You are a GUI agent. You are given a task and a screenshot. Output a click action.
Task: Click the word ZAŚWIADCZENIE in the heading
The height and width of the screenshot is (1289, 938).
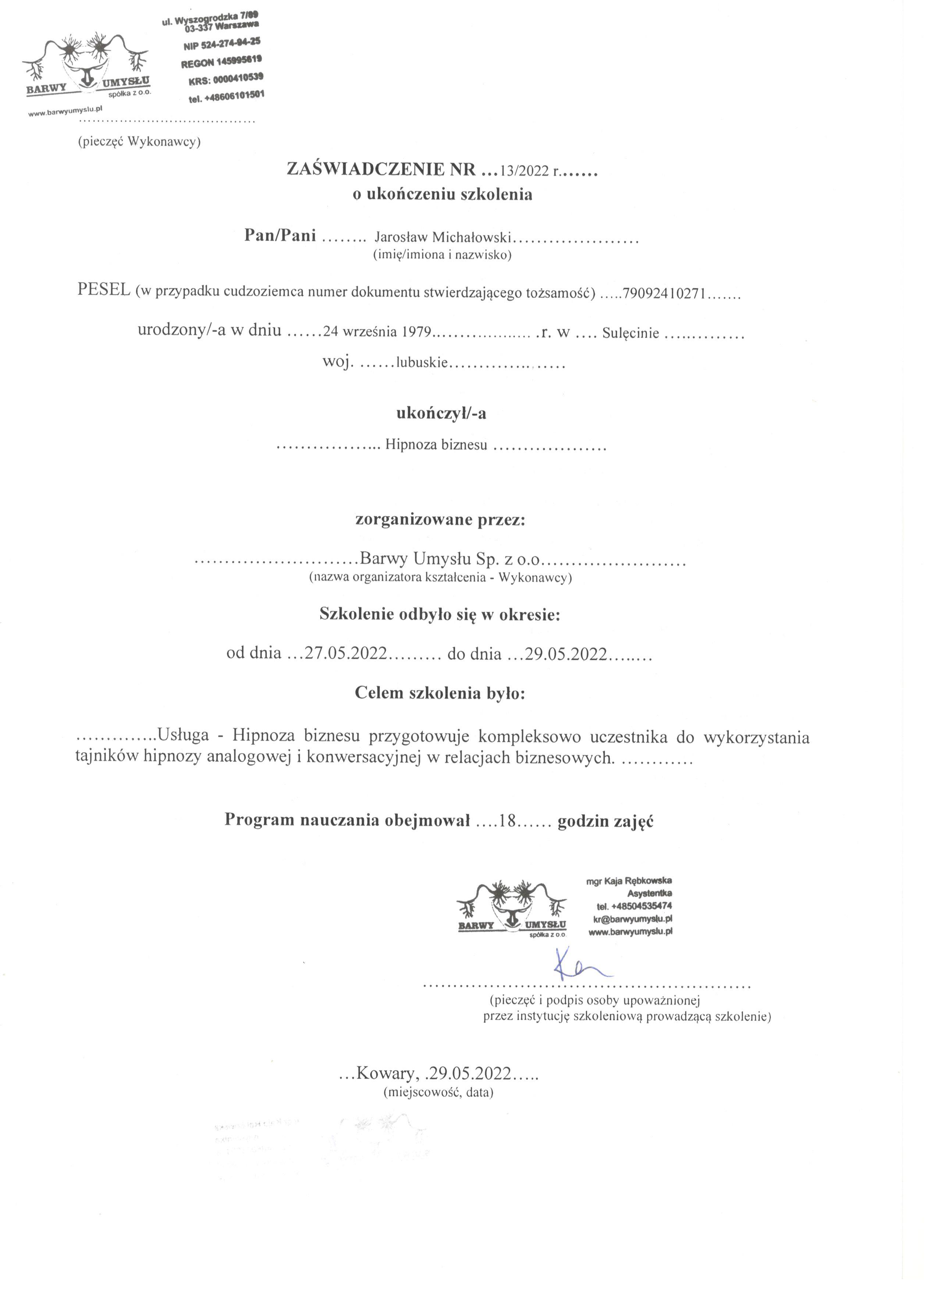pyautogui.click(x=366, y=169)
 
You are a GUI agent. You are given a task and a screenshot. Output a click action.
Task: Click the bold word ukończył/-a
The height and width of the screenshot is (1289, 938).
pyautogui.click(x=441, y=413)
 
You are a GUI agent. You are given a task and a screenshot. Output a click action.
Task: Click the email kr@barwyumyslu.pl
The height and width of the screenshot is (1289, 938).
pyautogui.click(x=633, y=919)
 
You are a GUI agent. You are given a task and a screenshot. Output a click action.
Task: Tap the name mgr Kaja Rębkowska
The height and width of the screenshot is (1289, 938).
pyautogui.click(x=629, y=881)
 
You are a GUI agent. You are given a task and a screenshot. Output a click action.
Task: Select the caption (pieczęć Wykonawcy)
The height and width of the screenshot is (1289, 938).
pyautogui.click(x=139, y=142)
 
